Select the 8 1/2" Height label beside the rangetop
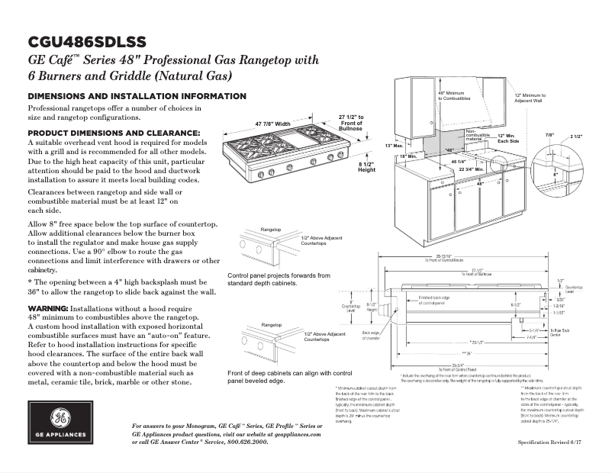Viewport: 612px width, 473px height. (366, 167)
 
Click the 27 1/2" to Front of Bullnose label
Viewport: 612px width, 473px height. (351, 122)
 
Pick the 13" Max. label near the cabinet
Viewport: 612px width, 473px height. (393, 145)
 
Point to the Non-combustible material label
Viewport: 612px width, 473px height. (479, 135)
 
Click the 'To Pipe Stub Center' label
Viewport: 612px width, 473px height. (562, 333)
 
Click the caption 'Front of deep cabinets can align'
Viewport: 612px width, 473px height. (290, 372)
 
